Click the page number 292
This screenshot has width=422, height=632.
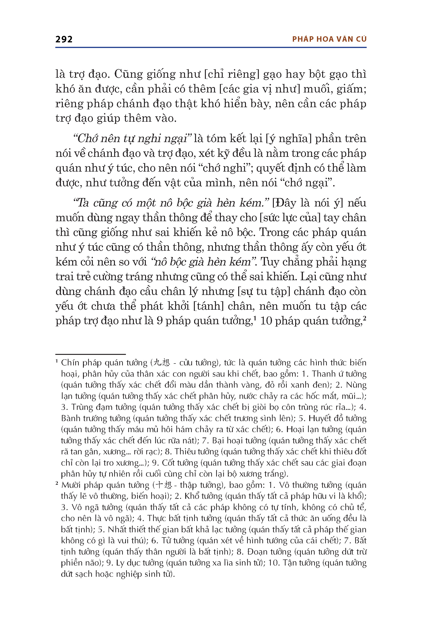pyautogui.click(x=64, y=39)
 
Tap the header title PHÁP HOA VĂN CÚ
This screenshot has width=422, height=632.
pyautogui.click(x=329, y=39)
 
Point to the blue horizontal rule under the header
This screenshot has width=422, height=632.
pyautogui.click(x=211, y=48)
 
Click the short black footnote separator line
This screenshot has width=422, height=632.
pyautogui.click(x=90, y=354)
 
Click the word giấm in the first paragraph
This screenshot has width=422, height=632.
pyautogui.click(x=353, y=89)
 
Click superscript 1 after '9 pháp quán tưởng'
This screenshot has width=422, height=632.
pyautogui.click(x=255, y=318)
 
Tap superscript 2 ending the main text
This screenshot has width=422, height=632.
pyautogui.click(x=364, y=318)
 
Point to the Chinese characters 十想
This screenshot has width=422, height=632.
pyautogui.click(x=164, y=485)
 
